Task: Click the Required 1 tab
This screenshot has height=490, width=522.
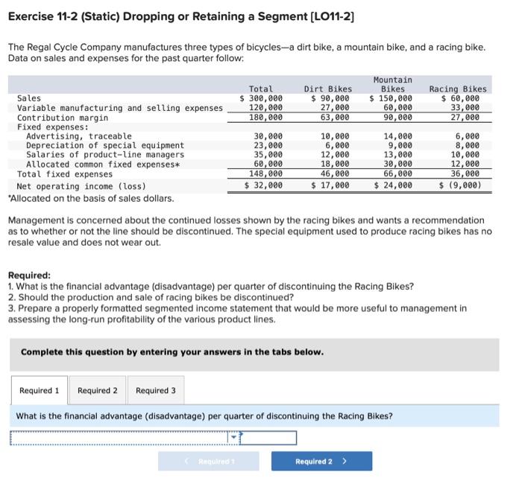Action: (x=39, y=390)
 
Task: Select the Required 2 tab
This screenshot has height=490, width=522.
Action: (x=98, y=390)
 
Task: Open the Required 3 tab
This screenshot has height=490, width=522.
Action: (x=156, y=390)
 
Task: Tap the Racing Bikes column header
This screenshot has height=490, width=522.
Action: (x=458, y=89)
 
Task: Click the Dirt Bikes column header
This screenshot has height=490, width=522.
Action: (x=328, y=89)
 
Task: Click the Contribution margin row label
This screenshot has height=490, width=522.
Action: (x=63, y=118)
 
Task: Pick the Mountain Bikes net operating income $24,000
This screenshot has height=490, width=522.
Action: (x=393, y=185)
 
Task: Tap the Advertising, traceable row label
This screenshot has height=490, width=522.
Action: (x=79, y=136)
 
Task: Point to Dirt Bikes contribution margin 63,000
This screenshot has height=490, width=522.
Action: (x=333, y=118)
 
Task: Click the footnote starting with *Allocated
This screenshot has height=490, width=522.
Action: (x=90, y=198)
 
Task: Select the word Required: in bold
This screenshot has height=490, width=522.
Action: (x=29, y=275)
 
